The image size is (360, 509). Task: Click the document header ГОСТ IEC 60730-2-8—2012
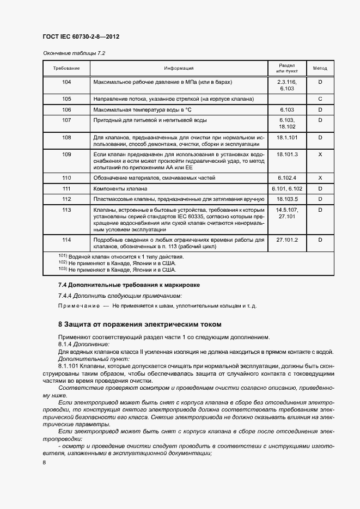81,36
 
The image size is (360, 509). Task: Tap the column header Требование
66,69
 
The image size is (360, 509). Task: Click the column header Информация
179,69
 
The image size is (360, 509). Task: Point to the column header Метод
320,69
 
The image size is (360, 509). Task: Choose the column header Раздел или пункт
286,69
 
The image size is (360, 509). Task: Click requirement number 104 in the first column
66,82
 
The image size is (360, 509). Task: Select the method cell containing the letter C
320,99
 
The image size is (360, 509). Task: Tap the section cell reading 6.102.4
286,178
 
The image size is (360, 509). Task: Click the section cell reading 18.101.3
286,155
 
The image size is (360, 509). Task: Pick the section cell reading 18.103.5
286,199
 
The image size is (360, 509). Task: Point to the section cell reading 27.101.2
286,240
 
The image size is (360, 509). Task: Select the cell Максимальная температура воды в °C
141,109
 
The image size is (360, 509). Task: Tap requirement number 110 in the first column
66,178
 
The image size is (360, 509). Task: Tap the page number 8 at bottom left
44,462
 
